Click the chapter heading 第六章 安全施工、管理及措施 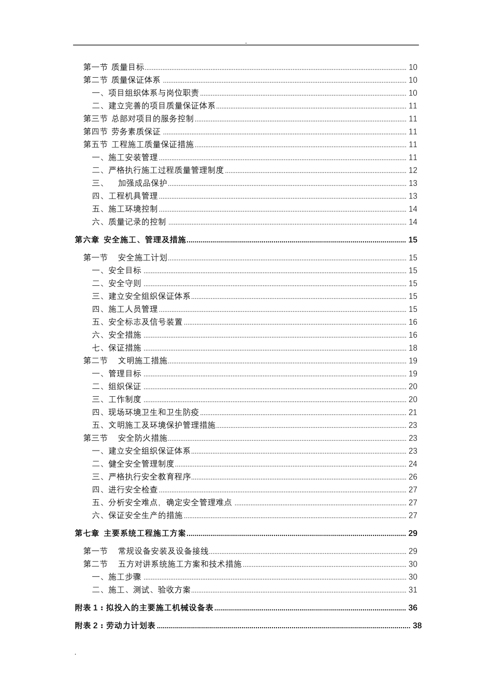pos(130,240)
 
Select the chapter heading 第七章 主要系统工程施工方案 pos(130,533)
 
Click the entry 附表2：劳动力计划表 pos(115,626)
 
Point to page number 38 pos(417,626)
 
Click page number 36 pos(413,608)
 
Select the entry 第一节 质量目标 pos(114,67)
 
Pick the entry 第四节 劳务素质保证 pos(122,132)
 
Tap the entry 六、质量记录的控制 pos(129,222)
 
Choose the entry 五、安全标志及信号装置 pos(137,322)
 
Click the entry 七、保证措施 pos(117,348)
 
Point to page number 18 pos(413,348)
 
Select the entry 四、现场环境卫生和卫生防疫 pos(146,412)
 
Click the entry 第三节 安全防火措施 pos(125,438)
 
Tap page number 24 pos(413,464)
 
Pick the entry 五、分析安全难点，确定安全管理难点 pos(162,502)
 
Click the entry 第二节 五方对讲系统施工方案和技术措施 pos(162,564)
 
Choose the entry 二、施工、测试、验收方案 pos(141,590)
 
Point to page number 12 pos(413,170)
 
